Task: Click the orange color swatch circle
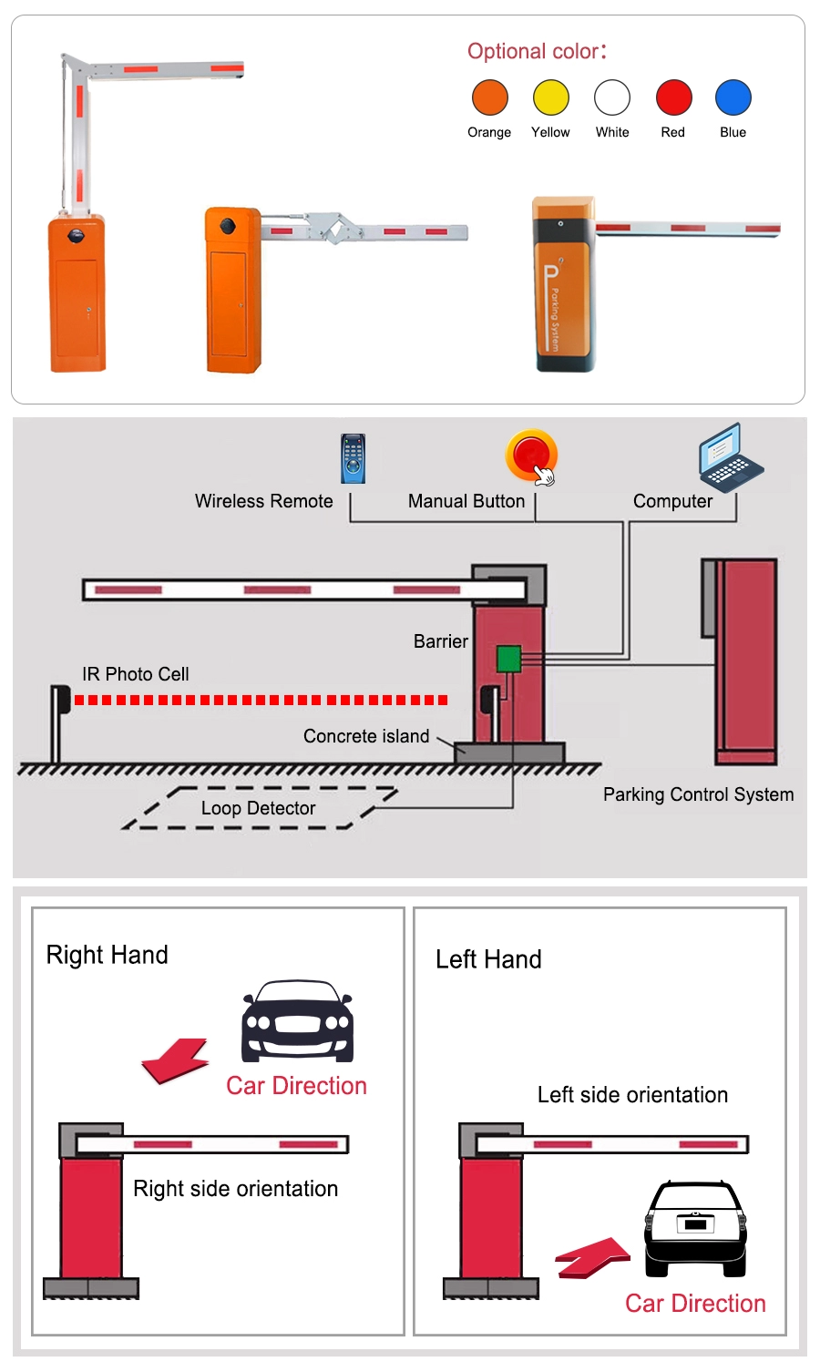[x=489, y=97]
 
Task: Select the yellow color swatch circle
[x=550, y=97]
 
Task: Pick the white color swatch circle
[x=612, y=97]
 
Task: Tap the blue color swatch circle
[x=733, y=97]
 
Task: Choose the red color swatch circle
[x=673, y=97]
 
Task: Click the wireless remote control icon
[x=353, y=458]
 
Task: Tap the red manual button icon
[x=531, y=455]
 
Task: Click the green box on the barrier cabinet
[x=508, y=659]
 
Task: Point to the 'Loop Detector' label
[x=258, y=808]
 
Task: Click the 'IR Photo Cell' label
[x=136, y=674]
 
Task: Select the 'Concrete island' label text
[x=365, y=736]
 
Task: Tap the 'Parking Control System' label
[x=698, y=794]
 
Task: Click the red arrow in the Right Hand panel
[x=176, y=1061]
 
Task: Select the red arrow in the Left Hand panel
[x=593, y=1257]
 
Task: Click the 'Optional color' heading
[x=537, y=51]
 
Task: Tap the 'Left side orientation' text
[x=632, y=1095]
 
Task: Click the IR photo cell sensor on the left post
[x=61, y=700]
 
